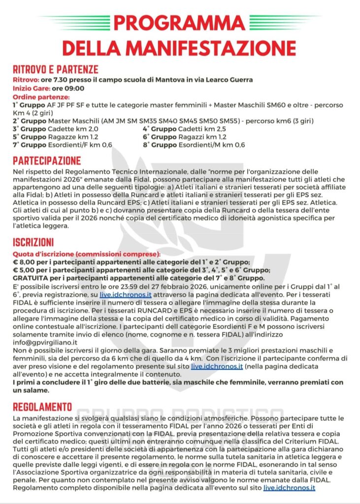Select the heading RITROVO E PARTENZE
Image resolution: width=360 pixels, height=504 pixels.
[55, 69]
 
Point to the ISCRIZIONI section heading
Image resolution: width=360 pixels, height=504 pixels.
[33, 243]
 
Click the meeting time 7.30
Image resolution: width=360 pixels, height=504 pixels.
[60, 80]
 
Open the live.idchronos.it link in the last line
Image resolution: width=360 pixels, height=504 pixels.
[289, 487]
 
